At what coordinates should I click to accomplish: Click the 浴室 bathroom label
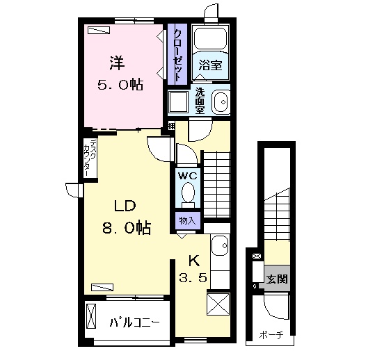point(210,65)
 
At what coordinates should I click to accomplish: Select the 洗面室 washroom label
point(200,101)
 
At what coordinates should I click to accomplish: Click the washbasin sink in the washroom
point(221,102)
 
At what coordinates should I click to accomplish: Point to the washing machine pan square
point(178,101)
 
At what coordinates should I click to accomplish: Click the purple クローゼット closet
point(177,54)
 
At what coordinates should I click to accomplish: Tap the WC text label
point(188,176)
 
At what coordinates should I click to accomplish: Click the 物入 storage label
point(188,220)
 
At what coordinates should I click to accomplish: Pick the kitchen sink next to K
point(220,246)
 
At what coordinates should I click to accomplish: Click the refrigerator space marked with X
point(218,304)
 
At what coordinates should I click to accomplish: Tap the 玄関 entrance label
point(277,279)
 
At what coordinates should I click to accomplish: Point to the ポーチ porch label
point(271,335)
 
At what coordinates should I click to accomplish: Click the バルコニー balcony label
point(134,323)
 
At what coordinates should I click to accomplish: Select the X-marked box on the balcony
point(91,316)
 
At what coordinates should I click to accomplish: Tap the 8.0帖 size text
point(127,228)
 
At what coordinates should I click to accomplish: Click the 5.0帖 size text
point(120,85)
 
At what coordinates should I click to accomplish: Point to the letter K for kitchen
point(194,261)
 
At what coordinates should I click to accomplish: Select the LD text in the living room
point(125,206)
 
